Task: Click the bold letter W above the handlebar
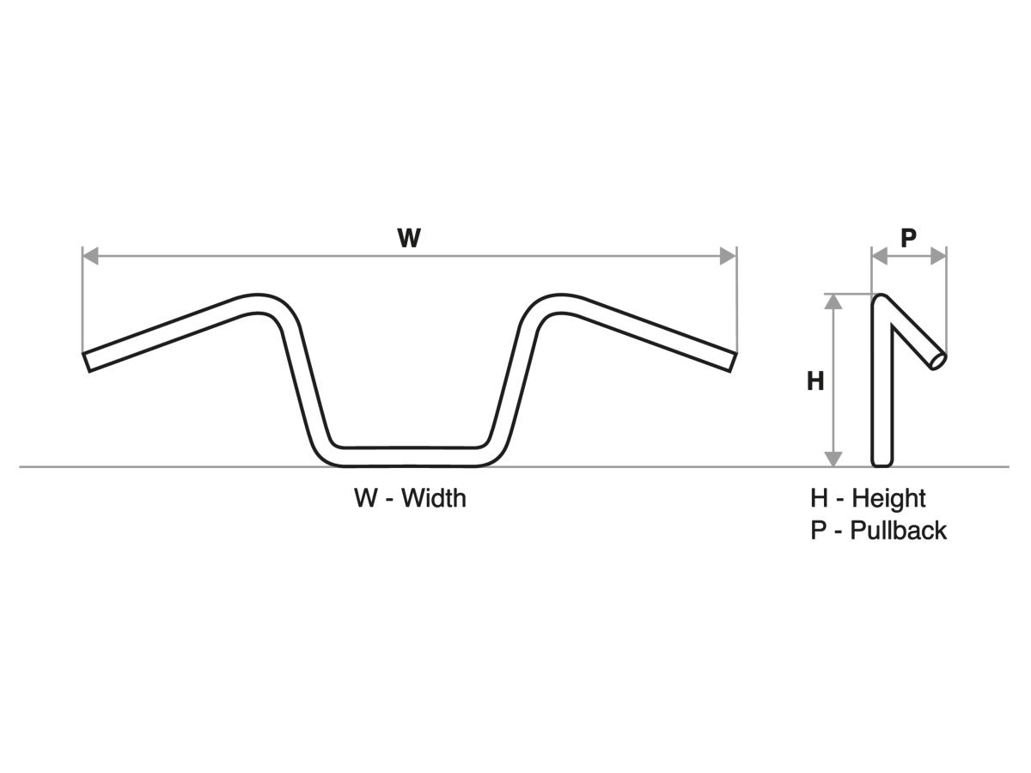tap(409, 238)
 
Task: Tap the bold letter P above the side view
tap(908, 238)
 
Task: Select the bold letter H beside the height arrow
tap(815, 380)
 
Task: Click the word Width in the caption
tap(433, 498)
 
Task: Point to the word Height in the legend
tap(888, 498)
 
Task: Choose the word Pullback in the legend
tap(898, 530)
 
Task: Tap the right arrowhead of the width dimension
tap(728, 256)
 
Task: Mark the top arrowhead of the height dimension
tap(833, 301)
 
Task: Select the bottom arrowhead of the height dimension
tap(833, 459)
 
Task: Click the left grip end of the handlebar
tap(88, 362)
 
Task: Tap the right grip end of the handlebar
tap(732, 362)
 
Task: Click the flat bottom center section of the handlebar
tap(409, 457)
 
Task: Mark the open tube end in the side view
tap(938, 362)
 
